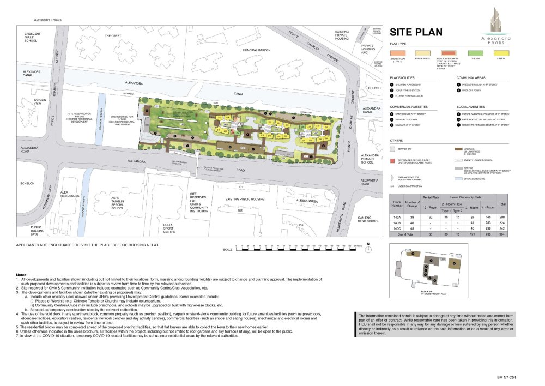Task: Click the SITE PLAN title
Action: coord(416,32)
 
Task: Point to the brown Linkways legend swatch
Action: coord(458,148)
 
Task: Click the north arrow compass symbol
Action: coord(369,249)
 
